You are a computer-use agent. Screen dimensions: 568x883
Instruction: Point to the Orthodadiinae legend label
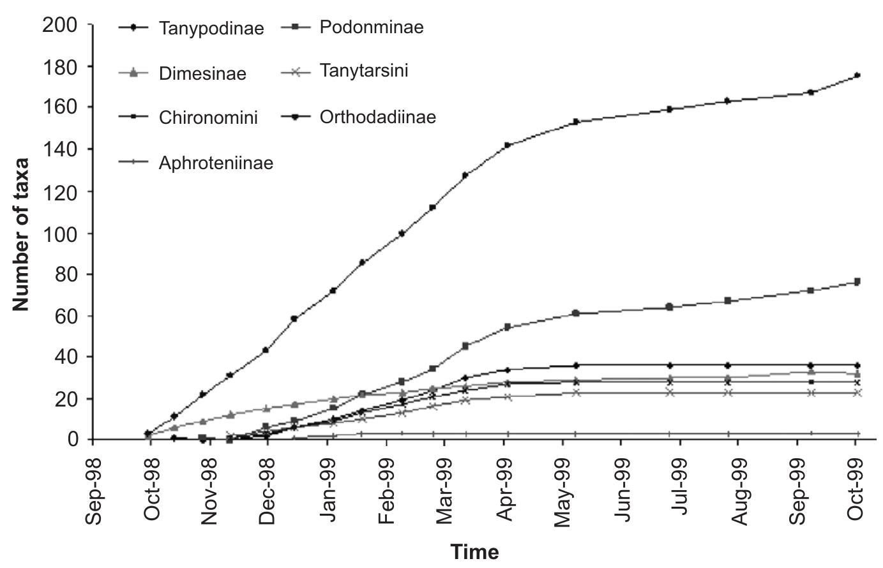(377, 117)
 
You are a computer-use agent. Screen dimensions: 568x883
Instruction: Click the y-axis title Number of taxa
(21, 234)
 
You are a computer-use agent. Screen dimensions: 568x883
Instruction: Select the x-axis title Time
(474, 551)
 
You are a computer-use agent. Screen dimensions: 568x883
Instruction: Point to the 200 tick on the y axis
(59, 26)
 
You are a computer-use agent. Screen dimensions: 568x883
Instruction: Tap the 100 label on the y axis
(59, 234)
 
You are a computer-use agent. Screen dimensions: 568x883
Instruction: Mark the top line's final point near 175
(857, 75)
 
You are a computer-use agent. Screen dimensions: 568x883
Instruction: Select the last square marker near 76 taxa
(857, 281)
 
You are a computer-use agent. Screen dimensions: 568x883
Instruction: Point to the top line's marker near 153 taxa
(575, 121)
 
